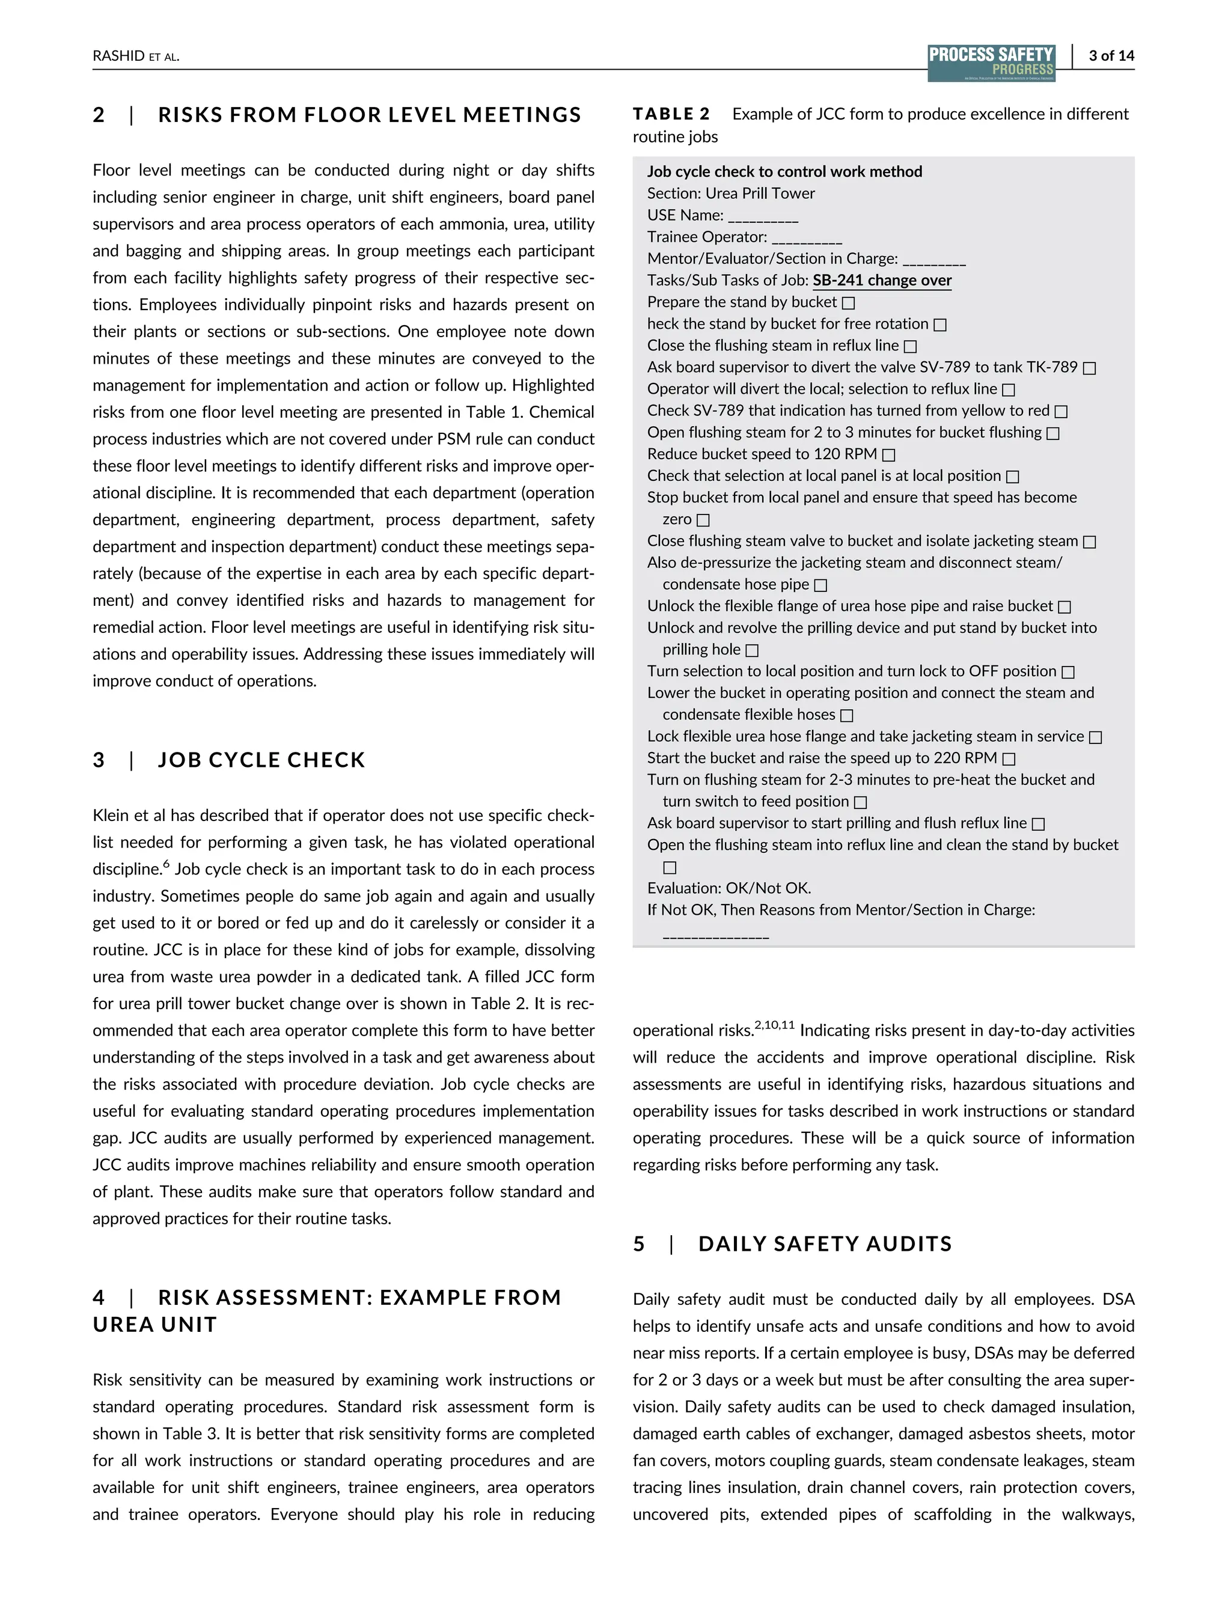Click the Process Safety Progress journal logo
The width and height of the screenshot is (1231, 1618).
991,63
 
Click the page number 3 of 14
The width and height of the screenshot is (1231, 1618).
1111,56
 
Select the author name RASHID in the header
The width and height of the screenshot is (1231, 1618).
118,56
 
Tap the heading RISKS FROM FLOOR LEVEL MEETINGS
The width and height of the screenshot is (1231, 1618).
369,115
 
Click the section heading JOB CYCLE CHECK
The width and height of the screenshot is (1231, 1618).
261,760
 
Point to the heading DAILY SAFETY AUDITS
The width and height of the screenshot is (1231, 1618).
825,1244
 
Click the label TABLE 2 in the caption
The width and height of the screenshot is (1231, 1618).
671,114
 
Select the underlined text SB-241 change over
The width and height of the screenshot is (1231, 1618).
882,281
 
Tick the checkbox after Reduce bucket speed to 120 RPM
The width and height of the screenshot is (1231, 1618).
889,455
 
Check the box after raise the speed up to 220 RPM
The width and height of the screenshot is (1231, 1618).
1009,759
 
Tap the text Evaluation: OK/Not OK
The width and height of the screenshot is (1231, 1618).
729,888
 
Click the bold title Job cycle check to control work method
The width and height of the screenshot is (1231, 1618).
784,171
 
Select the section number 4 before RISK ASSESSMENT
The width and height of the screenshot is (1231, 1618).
99,1298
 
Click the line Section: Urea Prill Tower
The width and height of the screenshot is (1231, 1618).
730,194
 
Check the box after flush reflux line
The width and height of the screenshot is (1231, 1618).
1037,825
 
